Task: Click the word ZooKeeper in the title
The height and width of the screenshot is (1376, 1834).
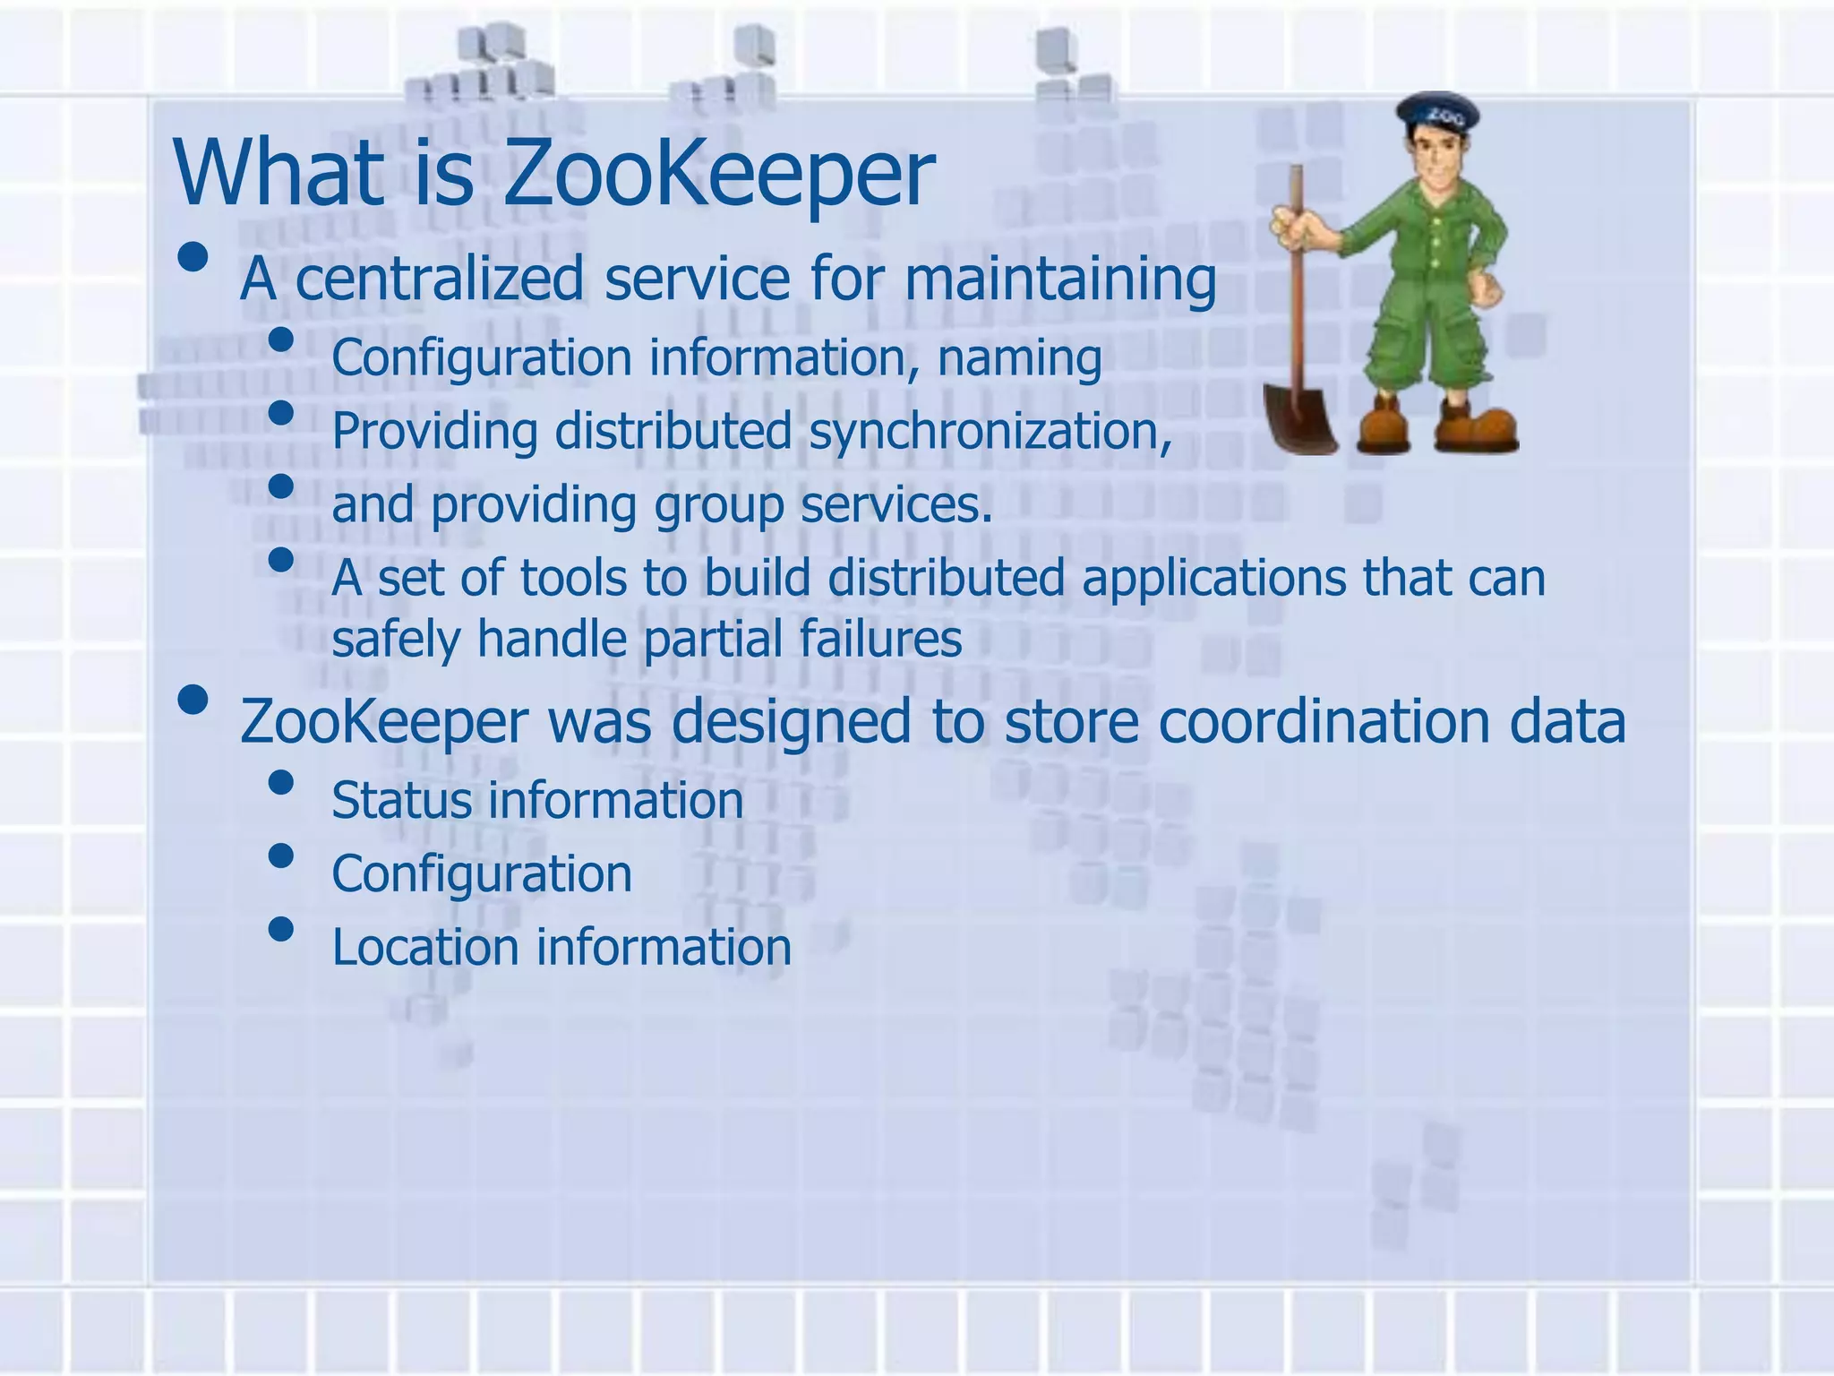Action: pyautogui.click(x=719, y=173)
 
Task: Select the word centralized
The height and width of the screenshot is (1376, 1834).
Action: pyautogui.click(x=439, y=279)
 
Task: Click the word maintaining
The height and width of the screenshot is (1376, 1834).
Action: pyautogui.click(x=1059, y=280)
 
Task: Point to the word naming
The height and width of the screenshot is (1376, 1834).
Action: pyautogui.click(x=1019, y=359)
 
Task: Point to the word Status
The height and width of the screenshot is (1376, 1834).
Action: pyautogui.click(x=400, y=800)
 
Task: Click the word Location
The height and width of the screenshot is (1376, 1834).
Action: pyautogui.click(x=424, y=947)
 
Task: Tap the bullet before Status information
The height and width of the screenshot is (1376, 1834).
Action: pyautogui.click(x=281, y=783)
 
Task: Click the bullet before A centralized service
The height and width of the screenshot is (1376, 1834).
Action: pyautogui.click(x=193, y=258)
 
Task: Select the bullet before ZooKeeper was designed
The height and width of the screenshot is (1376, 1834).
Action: pyautogui.click(x=193, y=701)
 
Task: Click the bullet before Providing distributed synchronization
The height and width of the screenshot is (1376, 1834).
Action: pyautogui.click(x=281, y=413)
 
